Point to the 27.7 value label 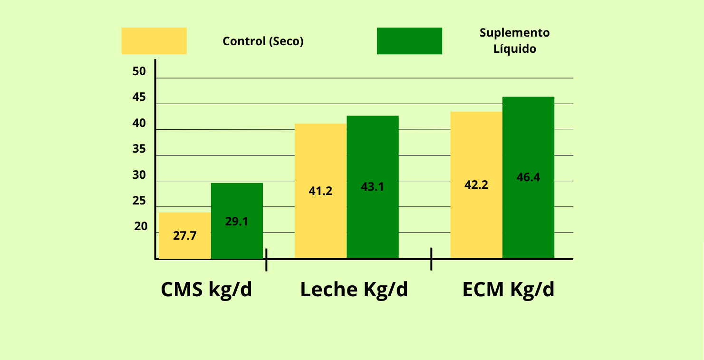(x=185, y=235)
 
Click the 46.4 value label (x=528, y=177)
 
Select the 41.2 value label (x=320, y=191)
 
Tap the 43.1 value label (x=372, y=187)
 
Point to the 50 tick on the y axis (x=139, y=72)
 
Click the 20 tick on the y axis (x=141, y=227)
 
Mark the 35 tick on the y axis (x=139, y=149)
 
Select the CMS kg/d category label (x=206, y=290)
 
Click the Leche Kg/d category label (x=354, y=290)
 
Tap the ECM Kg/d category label (x=508, y=290)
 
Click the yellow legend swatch (x=154, y=41)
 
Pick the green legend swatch (x=409, y=41)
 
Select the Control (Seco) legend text (x=263, y=41)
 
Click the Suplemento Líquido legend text (x=514, y=40)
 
